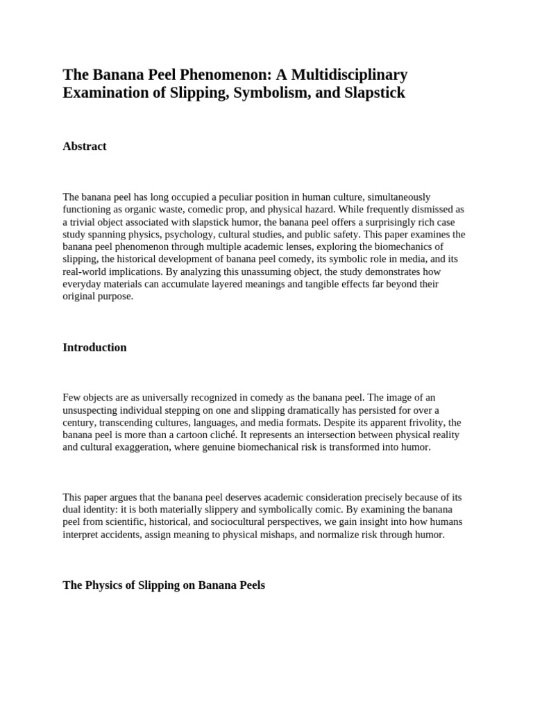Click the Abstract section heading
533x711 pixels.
(x=85, y=147)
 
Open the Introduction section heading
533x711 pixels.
(x=94, y=347)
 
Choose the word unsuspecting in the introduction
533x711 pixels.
(x=92, y=410)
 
